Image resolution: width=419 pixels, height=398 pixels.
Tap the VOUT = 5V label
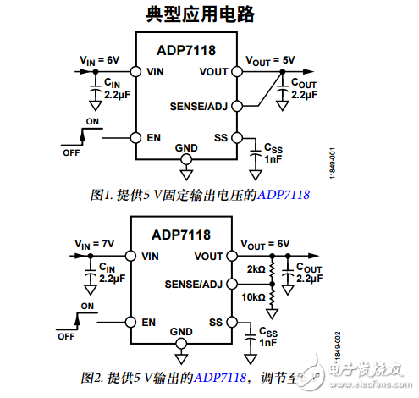coord(270,59)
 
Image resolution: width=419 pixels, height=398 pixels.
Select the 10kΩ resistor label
coord(253,296)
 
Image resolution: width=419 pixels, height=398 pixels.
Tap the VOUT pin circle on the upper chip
coord(237,72)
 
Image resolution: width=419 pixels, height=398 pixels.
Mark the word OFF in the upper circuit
coord(71,152)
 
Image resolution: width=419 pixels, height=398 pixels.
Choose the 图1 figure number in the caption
coord(101,195)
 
